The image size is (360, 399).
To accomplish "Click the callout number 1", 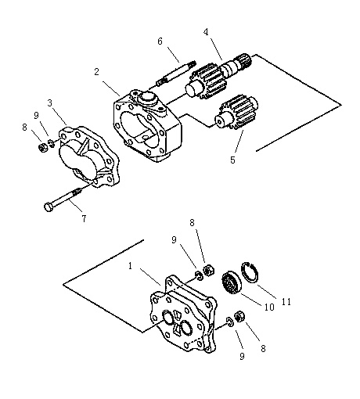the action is [131, 266].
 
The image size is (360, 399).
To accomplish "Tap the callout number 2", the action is [97, 72].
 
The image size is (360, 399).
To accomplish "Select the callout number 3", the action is [50, 103].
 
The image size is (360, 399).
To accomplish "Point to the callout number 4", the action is [206, 32].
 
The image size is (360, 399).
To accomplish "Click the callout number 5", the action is [232, 160].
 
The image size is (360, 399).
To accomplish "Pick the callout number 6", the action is [160, 41].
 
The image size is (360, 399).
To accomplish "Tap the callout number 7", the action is [84, 219].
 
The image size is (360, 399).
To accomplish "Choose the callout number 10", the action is [269, 307].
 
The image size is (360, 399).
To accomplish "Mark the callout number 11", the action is [286, 302].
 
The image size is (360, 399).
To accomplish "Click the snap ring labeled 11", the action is [249, 272].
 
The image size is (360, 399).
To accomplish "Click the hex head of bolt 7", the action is [49, 207].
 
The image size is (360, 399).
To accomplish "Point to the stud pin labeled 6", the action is [176, 74].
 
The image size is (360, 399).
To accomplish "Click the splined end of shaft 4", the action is [245, 59].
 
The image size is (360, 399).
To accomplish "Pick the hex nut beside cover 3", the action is [42, 148].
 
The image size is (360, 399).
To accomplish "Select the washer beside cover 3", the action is [52, 143].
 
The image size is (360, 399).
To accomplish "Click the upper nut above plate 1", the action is [209, 270].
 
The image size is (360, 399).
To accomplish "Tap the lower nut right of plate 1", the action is [239, 317].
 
